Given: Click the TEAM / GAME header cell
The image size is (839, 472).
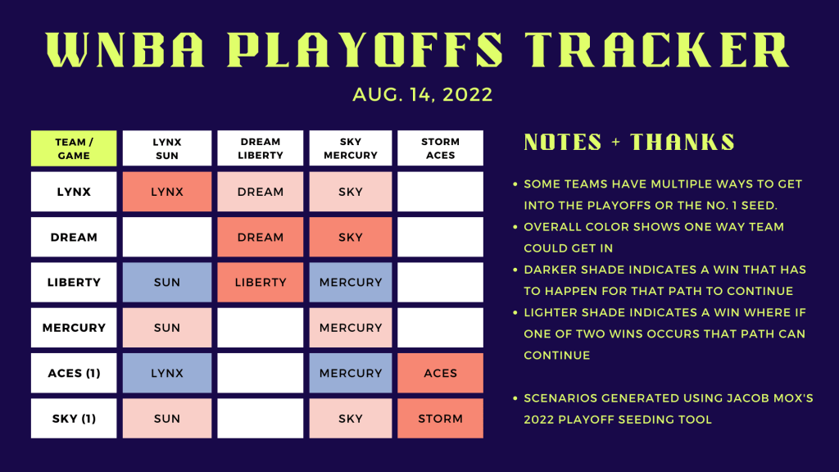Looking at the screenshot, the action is (x=74, y=148).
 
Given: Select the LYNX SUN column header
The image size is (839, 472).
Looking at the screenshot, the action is (x=167, y=148).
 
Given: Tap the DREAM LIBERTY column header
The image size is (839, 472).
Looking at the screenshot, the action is (x=260, y=148).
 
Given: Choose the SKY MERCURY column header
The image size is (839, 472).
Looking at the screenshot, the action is (x=351, y=148).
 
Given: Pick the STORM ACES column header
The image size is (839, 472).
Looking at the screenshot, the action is (x=440, y=148).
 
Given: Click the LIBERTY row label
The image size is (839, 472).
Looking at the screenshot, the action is (x=74, y=282).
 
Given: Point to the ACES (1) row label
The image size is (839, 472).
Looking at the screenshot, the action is (x=74, y=373).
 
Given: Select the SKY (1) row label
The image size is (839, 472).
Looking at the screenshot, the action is (x=74, y=419).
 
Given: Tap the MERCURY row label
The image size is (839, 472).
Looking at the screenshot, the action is (x=74, y=328).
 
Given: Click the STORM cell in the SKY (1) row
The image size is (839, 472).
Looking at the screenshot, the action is (x=440, y=419).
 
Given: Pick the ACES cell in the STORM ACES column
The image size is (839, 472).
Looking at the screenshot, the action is (x=440, y=373).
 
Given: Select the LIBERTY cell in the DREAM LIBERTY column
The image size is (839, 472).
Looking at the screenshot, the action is (x=260, y=282).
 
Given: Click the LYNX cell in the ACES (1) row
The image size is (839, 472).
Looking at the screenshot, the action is (x=167, y=373).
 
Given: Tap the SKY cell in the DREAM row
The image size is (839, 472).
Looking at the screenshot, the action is (x=351, y=237).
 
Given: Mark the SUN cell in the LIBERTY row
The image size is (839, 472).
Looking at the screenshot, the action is (x=167, y=282).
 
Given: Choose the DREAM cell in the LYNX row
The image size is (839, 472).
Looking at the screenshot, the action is (x=260, y=192).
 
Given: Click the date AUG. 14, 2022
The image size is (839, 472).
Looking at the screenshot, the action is (x=422, y=95).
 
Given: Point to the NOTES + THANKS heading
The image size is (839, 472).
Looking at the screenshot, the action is (x=629, y=143).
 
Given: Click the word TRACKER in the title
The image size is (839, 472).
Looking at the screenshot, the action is (x=657, y=50).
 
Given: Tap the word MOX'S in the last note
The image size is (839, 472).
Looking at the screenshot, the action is (x=791, y=398).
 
